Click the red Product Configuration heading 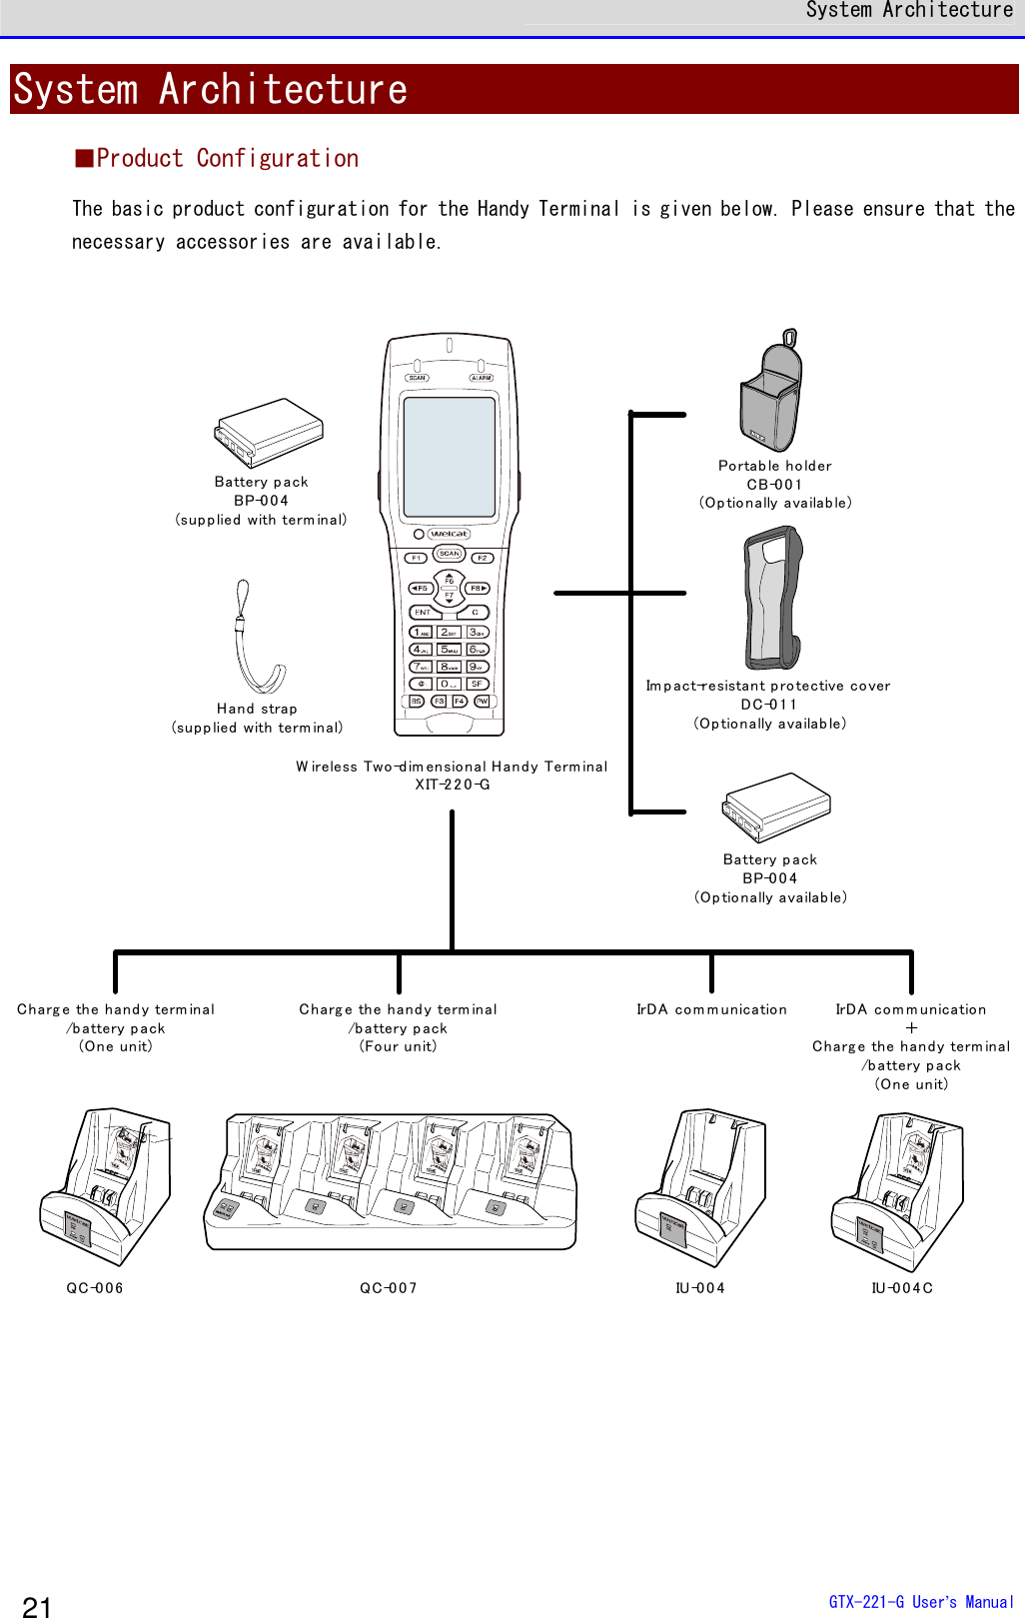[x=218, y=159]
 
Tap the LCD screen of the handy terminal [x=450, y=456]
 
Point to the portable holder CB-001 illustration [x=771, y=393]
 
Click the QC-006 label [x=95, y=1288]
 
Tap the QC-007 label [x=389, y=1288]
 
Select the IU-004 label [x=700, y=1288]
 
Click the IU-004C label [x=902, y=1288]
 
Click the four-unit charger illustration [x=391, y=1182]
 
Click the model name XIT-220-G [x=453, y=785]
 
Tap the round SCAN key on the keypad [x=450, y=553]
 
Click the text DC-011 [x=769, y=705]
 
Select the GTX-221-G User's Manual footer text [x=921, y=1602]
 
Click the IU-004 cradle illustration [x=701, y=1186]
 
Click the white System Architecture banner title [x=211, y=90]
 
